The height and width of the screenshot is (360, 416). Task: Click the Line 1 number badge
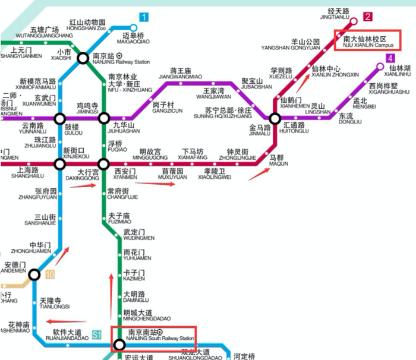(x=144, y=17)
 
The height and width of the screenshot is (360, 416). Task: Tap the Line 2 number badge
(x=368, y=17)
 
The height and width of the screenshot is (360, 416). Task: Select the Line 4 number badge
(x=390, y=58)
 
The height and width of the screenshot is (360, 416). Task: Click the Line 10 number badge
(x=49, y=274)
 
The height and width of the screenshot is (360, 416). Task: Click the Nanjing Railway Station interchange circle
(x=83, y=58)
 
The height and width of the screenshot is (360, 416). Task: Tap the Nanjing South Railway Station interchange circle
(x=119, y=344)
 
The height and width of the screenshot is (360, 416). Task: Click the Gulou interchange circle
(x=60, y=118)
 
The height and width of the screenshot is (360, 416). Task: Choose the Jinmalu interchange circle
(x=275, y=118)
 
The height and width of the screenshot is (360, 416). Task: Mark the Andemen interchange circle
(x=34, y=274)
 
